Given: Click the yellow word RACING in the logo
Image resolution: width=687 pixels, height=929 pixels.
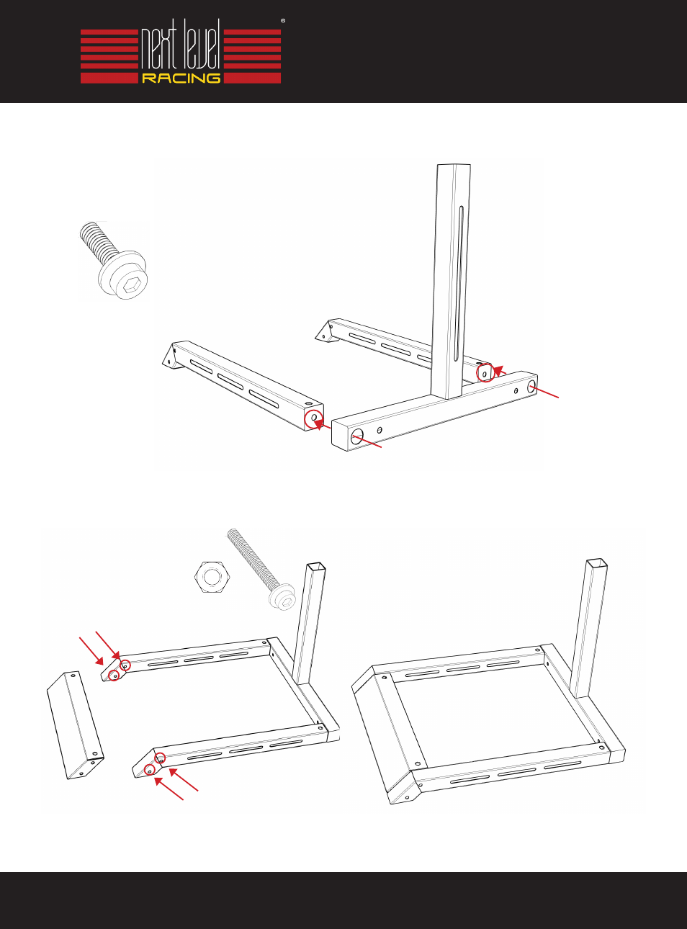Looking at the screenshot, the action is tap(181, 78).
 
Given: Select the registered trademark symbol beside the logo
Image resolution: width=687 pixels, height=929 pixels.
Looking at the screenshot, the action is tap(283, 20).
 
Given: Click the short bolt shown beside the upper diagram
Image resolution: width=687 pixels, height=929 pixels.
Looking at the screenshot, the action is tap(114, 260).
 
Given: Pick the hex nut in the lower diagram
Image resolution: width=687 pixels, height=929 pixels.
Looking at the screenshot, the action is tap(212, 577).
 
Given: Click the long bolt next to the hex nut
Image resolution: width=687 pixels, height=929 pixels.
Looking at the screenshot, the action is tap(261, 569).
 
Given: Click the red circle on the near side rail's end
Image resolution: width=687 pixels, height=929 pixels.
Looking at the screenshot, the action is tap(314, 418).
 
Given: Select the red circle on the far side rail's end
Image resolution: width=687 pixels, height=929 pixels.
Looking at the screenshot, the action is tap(485, 372).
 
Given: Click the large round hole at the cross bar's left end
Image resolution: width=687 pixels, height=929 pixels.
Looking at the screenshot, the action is tap(357, 436).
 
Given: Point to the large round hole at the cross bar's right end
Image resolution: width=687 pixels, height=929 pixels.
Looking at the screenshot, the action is tap(531, 387).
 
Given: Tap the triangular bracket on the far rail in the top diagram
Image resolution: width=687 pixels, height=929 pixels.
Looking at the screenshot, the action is tap(324, 331).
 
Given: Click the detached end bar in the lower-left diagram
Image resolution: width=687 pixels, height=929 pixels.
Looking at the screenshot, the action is tap(76, 725).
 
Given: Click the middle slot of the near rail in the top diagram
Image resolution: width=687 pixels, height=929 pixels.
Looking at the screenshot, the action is tap(233, 381).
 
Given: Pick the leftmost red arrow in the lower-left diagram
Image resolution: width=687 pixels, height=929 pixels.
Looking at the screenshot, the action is tap(91, 651).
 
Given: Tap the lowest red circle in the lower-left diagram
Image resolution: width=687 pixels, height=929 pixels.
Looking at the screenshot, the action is tap(150, 769).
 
